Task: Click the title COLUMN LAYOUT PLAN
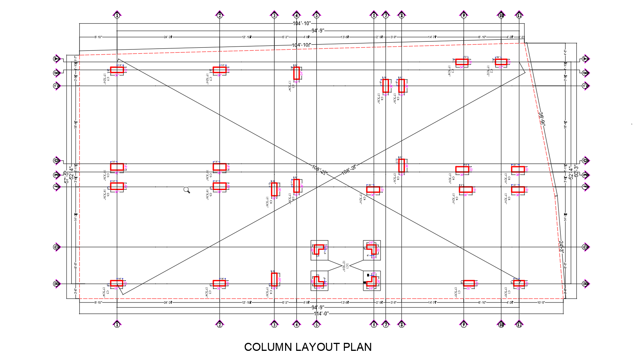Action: pos(308,347)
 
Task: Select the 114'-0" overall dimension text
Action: pos(321,313)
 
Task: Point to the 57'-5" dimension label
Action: pos(66,177)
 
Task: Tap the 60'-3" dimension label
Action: pos(576,172)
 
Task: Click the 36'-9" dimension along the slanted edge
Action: pos(542,118)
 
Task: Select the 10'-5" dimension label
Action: pos(541,302)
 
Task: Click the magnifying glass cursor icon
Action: pos(187,190)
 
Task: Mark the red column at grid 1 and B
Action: pos(117,70)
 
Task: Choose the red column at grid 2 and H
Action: pos(219,283)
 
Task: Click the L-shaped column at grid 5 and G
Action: pos(319,249)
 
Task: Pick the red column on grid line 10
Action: pos(501,62)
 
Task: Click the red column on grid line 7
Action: pos(386,86)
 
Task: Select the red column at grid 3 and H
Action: pos(274,280)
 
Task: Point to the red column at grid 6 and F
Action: pos(373,190)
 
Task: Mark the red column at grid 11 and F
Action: pos(518,190)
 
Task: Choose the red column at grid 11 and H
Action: pos(519,283)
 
